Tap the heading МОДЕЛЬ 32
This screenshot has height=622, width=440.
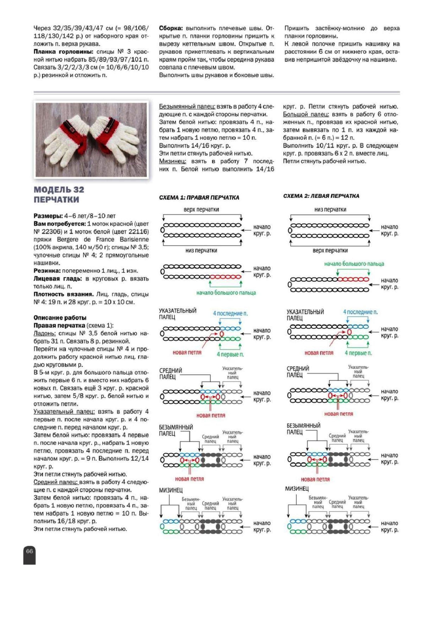[59, 190]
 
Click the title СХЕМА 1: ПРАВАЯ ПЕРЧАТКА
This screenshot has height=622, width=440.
[199, 198]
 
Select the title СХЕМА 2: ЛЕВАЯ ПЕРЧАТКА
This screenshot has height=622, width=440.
[321, 196]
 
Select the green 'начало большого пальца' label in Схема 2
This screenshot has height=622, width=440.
[354, 264]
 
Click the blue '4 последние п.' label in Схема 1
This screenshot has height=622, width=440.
[230, 313]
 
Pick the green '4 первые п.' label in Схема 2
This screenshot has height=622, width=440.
[358, 353]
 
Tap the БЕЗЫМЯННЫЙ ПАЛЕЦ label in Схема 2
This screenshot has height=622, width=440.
[303, 429]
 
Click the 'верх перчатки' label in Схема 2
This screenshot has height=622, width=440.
[330, 250]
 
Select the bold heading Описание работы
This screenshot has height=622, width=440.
[60, 318]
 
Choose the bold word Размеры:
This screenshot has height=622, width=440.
[48, 216]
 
